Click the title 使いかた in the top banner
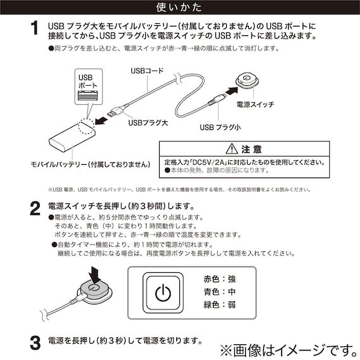click(179, 8)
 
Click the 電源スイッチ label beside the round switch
click(255, 104)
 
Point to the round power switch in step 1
click(247, 80)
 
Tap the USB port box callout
click(88, 88)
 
